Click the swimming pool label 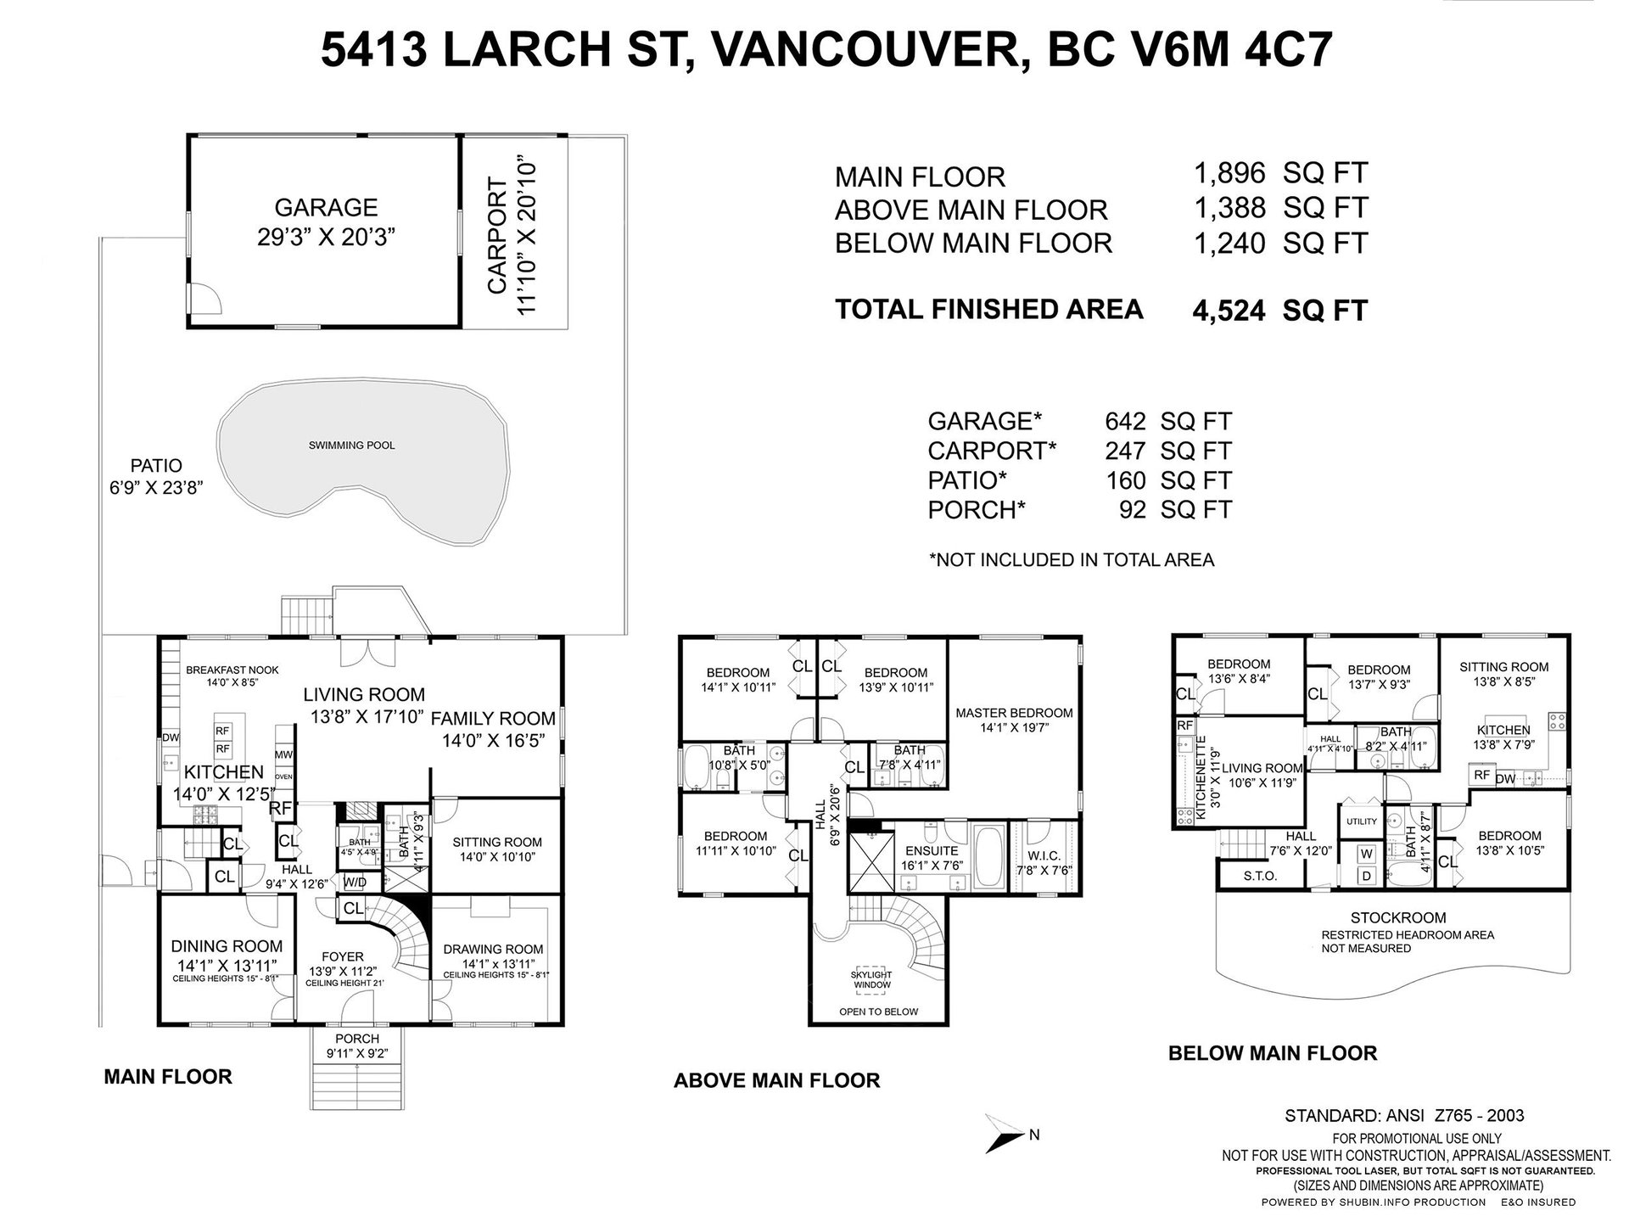point(351,445)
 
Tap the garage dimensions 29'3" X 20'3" point(327,236)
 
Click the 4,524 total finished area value point(1229,311)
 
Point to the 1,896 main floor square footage point(1229,174)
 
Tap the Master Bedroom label point(1014,713)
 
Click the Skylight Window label point(871,979)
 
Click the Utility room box point(1361,821)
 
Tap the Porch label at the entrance point(357,1038)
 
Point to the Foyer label point(343,956)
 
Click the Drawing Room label point(493,949)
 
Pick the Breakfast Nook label point(232,670)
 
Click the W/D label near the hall point(355,882)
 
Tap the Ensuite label point(932,850)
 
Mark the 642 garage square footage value point(1125,421)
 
